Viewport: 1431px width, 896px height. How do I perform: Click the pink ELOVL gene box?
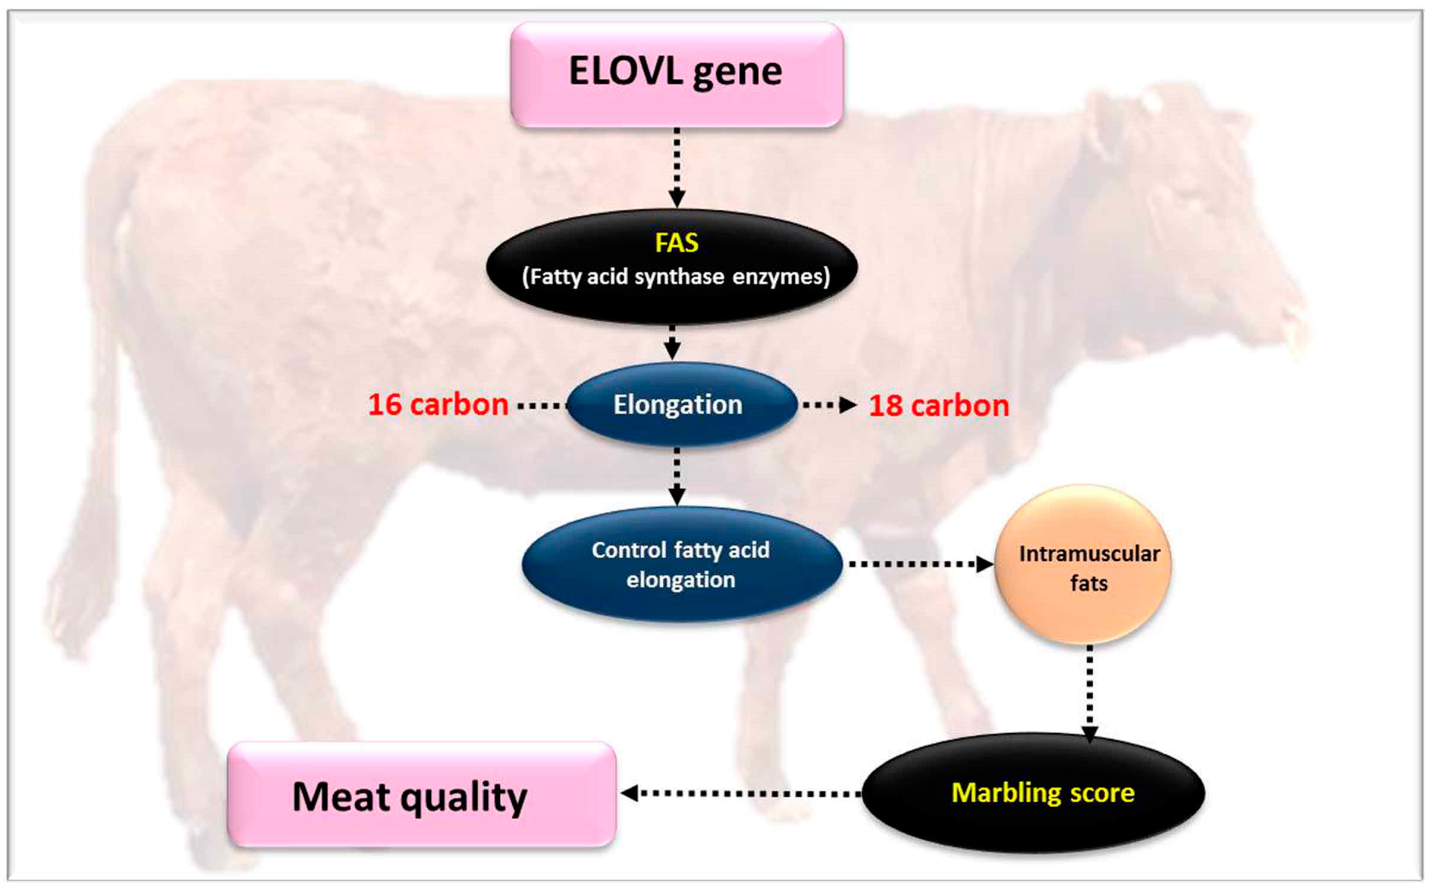coord(677,75)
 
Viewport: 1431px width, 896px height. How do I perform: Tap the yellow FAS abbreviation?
coord(677,243)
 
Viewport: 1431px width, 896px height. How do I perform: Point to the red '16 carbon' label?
coord(438,405)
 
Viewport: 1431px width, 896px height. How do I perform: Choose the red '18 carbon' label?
coord(939,406)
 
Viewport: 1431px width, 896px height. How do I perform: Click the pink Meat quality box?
coord(422,794)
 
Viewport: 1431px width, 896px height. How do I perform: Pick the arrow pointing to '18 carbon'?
coord(830,405)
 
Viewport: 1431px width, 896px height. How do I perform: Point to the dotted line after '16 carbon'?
coord(542,406)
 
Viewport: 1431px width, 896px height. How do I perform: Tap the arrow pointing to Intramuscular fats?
coord(921,564)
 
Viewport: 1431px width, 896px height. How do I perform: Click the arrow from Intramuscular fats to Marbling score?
coord(1090,693)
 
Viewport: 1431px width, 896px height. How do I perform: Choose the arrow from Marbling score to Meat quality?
coord(740,793)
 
